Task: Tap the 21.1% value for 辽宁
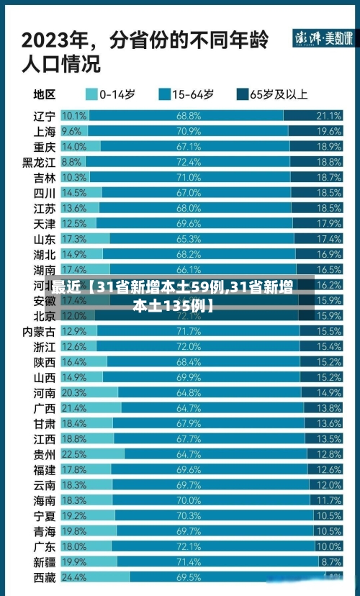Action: coord(328,116)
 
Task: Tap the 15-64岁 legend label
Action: coord(193,94)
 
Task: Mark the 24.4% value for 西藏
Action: coord(73,577)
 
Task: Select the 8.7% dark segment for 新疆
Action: coord(330,561)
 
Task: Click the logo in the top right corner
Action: coord(323,39)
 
